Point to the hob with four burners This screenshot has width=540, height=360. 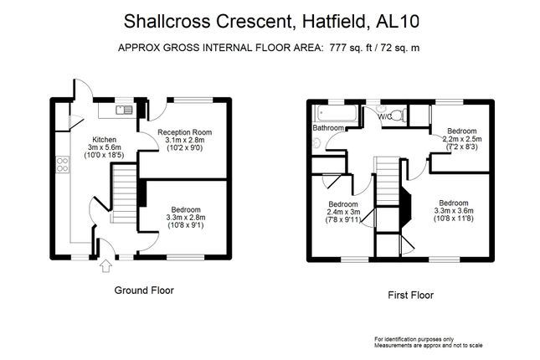[62, 165]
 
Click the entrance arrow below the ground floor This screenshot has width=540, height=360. [105, 266]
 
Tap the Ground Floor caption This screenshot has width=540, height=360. [144, 291]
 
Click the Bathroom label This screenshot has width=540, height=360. [327, 128]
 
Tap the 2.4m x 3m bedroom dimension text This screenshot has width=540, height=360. [343, 213]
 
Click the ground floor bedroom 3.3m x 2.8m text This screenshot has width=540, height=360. [185, 218]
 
